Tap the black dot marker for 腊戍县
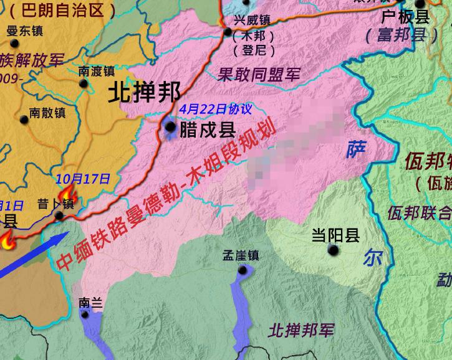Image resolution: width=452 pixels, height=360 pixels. [x=170, y=127]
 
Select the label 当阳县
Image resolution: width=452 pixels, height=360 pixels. [x=336, y=235]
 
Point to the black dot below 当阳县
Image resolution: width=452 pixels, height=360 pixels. [x=334, y=250]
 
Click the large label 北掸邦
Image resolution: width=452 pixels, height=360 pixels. [x=144, y=93]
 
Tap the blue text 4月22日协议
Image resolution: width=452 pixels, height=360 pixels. [x=216, y=109]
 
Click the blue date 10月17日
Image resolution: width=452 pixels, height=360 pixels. [x=82, y=179]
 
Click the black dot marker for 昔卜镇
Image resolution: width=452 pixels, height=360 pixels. [x=59, y=216]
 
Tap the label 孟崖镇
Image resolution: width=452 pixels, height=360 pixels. [x=240, y=255]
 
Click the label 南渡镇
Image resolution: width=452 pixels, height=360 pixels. [x=97, y=71]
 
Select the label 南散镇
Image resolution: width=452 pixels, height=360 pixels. [x=47, y=113]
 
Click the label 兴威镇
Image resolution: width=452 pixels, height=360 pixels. [x=252, y=20]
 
